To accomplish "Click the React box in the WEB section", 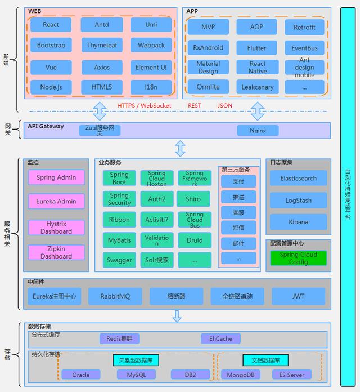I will pyautogui.click(x=51, y=25).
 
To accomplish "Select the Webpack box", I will pyautogui.click(x=151, y=45).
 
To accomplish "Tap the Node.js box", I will pyautogui.click(x=51, y=87).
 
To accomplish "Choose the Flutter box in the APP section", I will pyautogui.click(x=256, y=48).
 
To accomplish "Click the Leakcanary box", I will pyautogui.click(x=256, y=87).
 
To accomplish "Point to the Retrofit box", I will pyautogui.click(x=304, y=27).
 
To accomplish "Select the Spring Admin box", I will pyautogui.click(x=56, y=177).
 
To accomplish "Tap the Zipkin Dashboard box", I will pyautogui.click(x=56, y=252).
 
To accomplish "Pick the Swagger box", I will pyautogui.click(x=119, y=260).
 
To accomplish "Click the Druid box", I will pyautogui.click(x=195, y=240).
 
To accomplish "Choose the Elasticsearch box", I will pyautogui.click(x=298, y=179).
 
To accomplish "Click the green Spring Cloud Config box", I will pyautogui.click(x=298, y=258).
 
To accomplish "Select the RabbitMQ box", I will pyautogui.click(x=115, y=296).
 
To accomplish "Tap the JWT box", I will pyautogui.click(x=298, y=296).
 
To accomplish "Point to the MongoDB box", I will pyautogui.click(x=240, y=375).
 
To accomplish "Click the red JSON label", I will pyautogui.click(x=224, y=105).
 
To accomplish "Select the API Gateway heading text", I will pyautogui.click(x=46, y=127).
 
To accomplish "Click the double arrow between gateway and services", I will pyautogui.click(x=180, y=149).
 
